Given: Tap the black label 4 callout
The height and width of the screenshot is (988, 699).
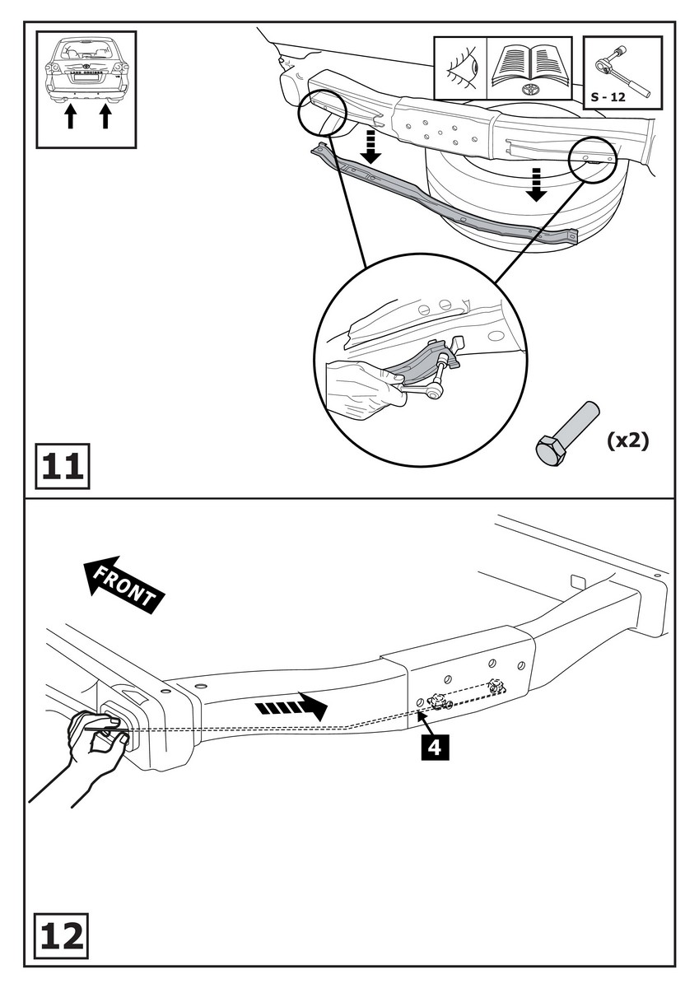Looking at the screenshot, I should tap(435, 748).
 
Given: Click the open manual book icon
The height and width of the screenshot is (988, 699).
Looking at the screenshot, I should tap(529, 66).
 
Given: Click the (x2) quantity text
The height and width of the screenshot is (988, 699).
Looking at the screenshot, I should tap(627, 440).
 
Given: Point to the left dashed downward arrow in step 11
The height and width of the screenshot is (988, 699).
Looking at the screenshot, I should tap(371, 145).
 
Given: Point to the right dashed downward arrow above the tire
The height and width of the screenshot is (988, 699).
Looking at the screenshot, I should tap(537, 183).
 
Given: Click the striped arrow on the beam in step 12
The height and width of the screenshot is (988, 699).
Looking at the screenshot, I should tap(289, 706).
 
